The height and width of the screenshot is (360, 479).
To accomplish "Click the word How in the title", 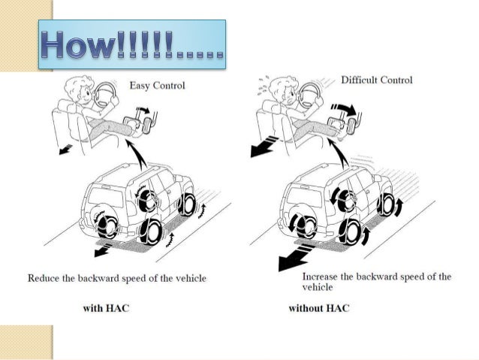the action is (79, 44).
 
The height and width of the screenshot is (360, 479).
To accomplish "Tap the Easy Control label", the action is (158, 85).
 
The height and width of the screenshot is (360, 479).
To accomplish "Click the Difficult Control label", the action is (377, 80).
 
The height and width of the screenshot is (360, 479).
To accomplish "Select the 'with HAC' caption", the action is (106, 307).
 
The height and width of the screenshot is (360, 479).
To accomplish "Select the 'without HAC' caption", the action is (319, 307).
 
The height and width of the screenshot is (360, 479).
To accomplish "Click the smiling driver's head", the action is (77, 89).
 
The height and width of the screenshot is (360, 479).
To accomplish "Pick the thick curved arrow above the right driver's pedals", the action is (345, 109).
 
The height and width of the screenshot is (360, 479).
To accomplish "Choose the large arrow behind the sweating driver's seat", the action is (264, 147).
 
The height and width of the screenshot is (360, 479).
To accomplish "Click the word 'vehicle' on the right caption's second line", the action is (318, 287).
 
